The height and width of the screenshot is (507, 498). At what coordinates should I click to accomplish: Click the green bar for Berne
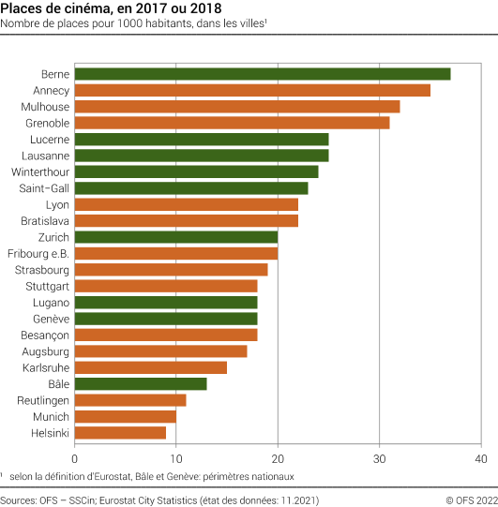(x=262, y=74)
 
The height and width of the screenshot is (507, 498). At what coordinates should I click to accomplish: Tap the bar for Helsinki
(x=120, y=432)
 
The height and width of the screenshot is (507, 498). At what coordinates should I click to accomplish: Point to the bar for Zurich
(x=175, y=237)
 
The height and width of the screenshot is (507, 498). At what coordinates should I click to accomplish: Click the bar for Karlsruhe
(x=150, y=367)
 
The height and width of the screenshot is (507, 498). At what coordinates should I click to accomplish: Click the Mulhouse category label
(x=43, y=107)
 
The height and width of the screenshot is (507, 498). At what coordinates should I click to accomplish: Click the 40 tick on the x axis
(x=481, y=458)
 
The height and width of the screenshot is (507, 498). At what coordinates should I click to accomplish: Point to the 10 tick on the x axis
(x=175, y=458)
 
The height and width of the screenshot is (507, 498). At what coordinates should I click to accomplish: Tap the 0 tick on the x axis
(x=74, y=458)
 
